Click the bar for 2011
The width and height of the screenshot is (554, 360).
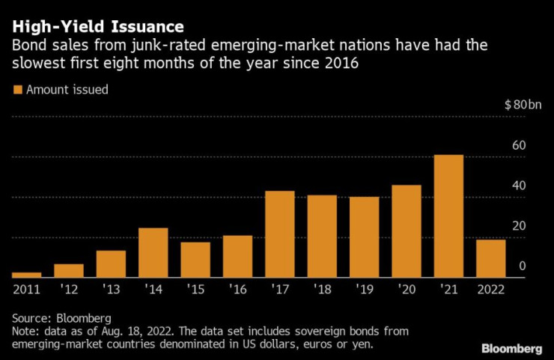26,275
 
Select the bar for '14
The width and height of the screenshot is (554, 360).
153,253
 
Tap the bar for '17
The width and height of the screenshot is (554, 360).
279,234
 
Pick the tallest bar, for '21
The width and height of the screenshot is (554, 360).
448,216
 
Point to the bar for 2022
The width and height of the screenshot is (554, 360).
490,258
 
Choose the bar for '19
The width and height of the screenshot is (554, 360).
364,237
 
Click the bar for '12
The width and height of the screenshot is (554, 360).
68,271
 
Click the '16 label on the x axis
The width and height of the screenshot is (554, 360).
237,289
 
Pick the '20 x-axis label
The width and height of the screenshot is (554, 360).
407,289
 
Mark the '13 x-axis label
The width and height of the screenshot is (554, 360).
111,289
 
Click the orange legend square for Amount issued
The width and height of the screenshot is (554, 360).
17,90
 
